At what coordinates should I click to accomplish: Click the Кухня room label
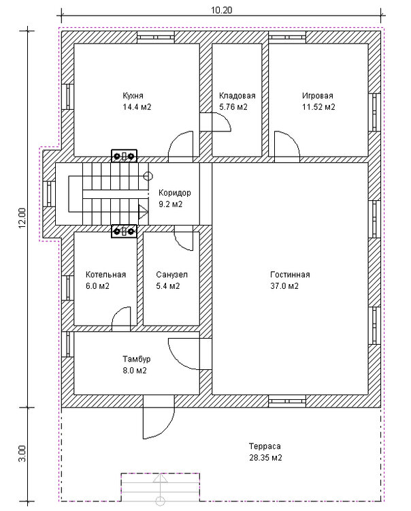[133, 96]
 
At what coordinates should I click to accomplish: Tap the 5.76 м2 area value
[233, 107]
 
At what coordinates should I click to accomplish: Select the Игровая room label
[318, 96]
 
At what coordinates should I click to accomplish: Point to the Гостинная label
[290, 275]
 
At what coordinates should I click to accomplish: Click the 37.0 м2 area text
[284, 286]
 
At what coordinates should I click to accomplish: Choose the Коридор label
[175, 193]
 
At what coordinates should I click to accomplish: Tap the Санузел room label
[172, 275]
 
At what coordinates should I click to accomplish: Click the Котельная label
[105, 275]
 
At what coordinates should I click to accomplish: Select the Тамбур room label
[136, 359]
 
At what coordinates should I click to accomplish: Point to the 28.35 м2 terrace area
[265, 458]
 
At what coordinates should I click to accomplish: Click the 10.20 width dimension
[221, 10]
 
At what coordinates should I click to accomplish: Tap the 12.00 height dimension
[22, 218]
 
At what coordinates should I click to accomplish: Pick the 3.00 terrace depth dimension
[22, 453]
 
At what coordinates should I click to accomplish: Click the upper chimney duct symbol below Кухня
[124, 156]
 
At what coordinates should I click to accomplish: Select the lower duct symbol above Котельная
[124, 232]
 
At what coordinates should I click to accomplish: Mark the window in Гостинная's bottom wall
[287, 401]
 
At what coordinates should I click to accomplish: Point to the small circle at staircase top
[148, 176]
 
